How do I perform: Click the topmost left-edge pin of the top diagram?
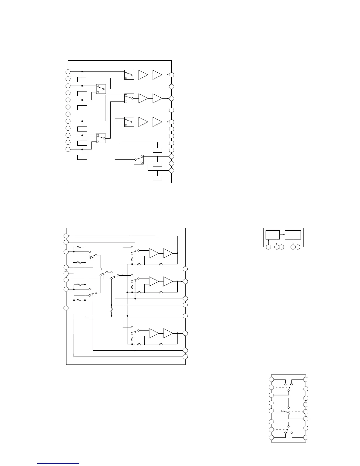68,71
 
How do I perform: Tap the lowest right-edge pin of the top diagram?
171,170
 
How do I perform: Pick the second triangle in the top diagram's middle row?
157,98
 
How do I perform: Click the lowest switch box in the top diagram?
139,159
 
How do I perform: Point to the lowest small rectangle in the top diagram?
157,178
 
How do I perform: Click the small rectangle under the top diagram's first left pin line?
82,79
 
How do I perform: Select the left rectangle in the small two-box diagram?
272,235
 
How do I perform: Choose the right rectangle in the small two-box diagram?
293,235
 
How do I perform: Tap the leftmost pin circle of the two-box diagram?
268,247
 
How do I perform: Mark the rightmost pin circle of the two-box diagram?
298,247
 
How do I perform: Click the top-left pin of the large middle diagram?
66,236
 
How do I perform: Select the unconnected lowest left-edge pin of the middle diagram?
66,308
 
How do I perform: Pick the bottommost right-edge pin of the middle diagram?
185,357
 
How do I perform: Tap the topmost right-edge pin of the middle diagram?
185,269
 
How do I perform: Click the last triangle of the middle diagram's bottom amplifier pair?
168,333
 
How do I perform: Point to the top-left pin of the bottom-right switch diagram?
271,380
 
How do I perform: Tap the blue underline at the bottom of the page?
59,464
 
